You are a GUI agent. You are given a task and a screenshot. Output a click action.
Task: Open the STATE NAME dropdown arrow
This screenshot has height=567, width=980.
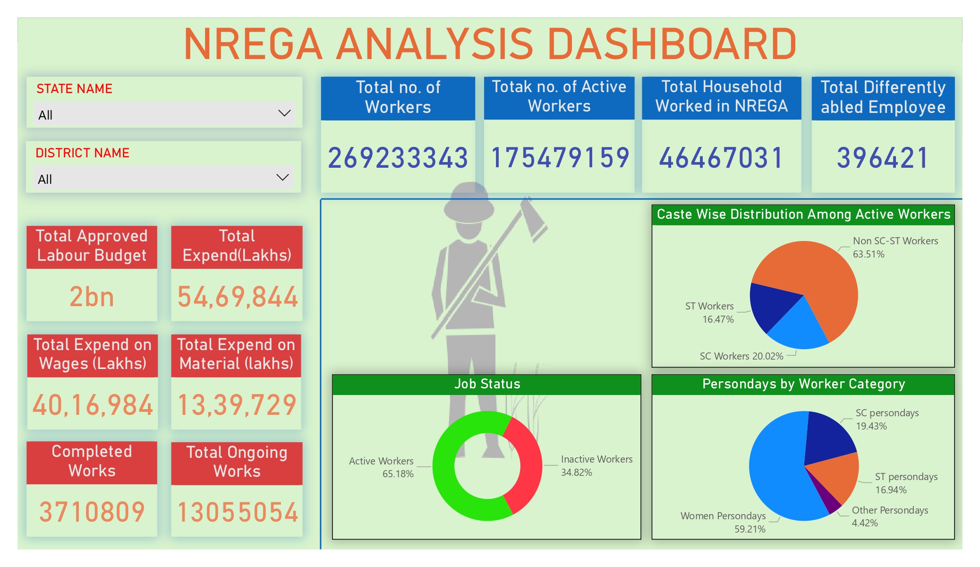tap(284, 113)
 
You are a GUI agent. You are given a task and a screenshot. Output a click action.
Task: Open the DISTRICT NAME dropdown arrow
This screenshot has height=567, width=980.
tap(282, 178)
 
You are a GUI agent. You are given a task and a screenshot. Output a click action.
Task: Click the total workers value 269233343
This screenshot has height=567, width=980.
tap(398, 158)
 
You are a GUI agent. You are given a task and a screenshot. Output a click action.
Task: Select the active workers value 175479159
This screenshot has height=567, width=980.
tap(560, 158)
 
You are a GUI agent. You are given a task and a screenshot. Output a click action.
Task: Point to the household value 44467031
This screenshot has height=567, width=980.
tap(721, 158)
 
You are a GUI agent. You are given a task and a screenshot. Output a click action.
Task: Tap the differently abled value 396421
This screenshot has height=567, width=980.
tap(882, 158)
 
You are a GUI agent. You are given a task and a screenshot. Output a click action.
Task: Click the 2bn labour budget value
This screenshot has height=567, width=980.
tap(92, 297)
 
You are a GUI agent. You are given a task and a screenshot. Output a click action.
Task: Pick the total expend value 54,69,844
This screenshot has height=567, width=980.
tap(237, 297)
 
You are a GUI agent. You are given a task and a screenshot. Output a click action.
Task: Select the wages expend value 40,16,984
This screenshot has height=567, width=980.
tap(93, 405)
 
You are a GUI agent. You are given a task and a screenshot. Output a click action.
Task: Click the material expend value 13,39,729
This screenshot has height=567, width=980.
tap(237, 405)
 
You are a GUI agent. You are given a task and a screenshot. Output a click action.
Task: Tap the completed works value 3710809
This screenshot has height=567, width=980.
tap(92, 512)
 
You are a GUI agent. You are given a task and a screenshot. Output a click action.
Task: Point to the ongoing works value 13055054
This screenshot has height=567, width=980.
tap(237, 512)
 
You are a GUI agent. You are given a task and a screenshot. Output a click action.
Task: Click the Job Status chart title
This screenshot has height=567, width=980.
tap(487, 384)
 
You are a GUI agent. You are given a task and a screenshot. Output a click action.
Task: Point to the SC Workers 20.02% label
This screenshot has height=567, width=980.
tap(741, 356)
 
